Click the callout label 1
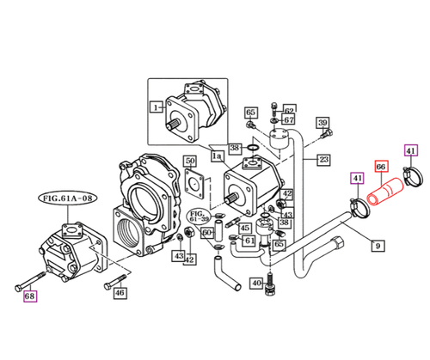[x=157, y=107]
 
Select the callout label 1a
[x=217, y=157]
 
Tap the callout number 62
[x=289, y=110]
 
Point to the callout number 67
[x=289, y=120]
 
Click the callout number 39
[x=323, y=125]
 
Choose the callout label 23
[x=323, y=159]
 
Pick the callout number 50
[x=190, y=162]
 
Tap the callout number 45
[x=246, y=229]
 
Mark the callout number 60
[x=207, y=233]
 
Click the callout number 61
[x=248, y=241]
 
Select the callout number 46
[x=120, y=293]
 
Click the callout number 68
[x=31, y=297]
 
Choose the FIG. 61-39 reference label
[x=197, y=215]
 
